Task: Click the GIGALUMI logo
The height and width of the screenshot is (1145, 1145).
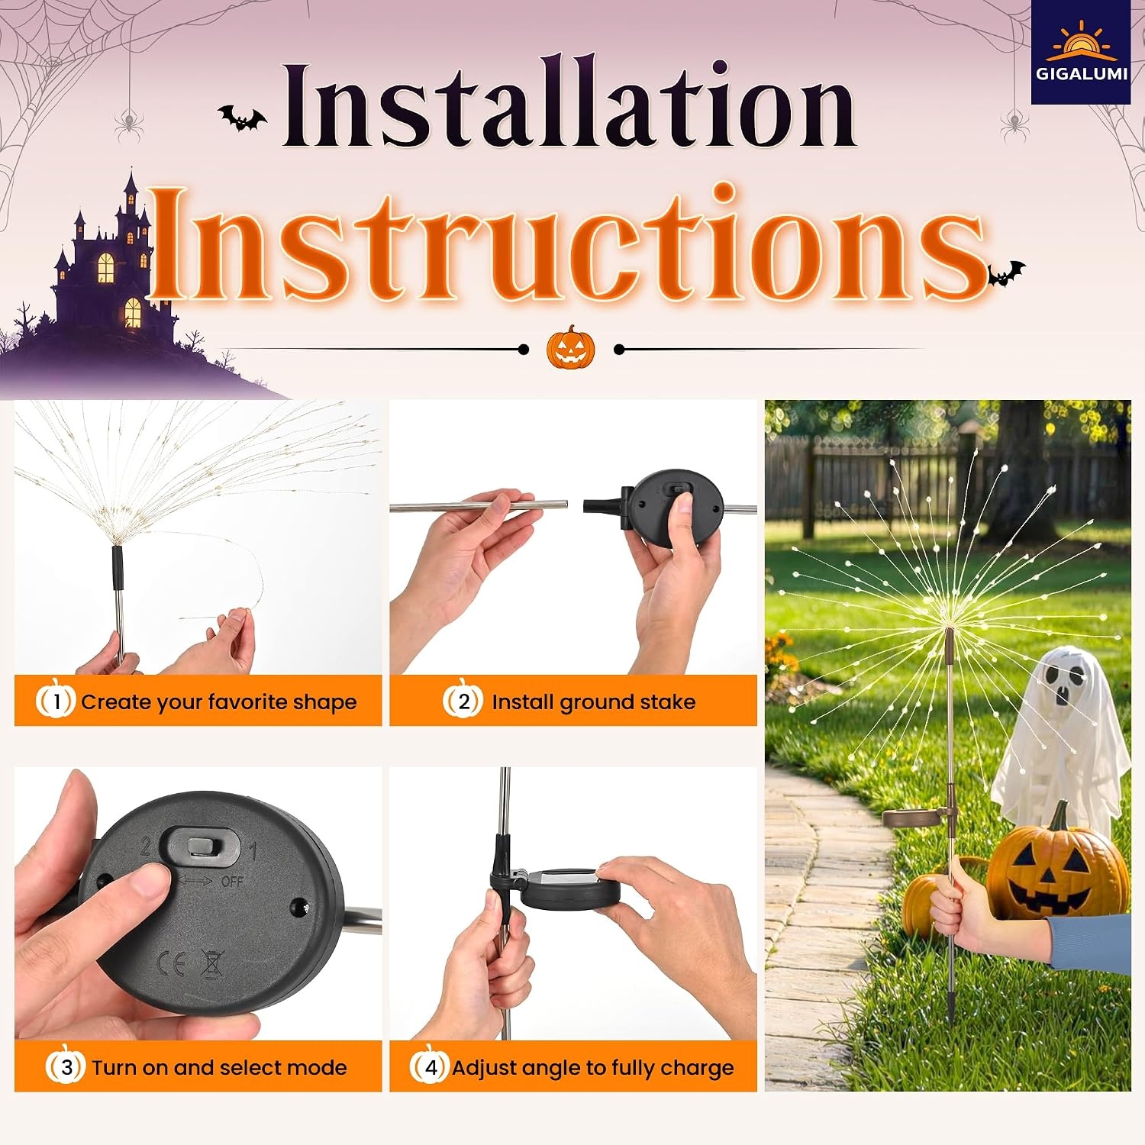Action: (x=1080, y=52)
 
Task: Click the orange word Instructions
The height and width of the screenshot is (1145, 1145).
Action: (x=569, y=244)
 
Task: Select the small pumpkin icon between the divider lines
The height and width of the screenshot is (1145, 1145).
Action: (x=570, y=347)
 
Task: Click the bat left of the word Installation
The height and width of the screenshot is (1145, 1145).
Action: (x=242, y=118)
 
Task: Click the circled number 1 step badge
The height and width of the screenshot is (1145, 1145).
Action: (x=56, y=700)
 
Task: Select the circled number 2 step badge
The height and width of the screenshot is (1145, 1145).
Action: (x=463, y=700)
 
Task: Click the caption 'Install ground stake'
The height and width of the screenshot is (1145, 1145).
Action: (x=594, y=702)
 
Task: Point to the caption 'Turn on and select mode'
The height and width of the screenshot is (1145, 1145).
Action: (x=220, y=1067)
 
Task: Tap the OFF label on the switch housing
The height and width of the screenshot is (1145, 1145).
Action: (x=232, y=881)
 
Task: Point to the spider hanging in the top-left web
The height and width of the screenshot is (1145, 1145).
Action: (x=128, y=121)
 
